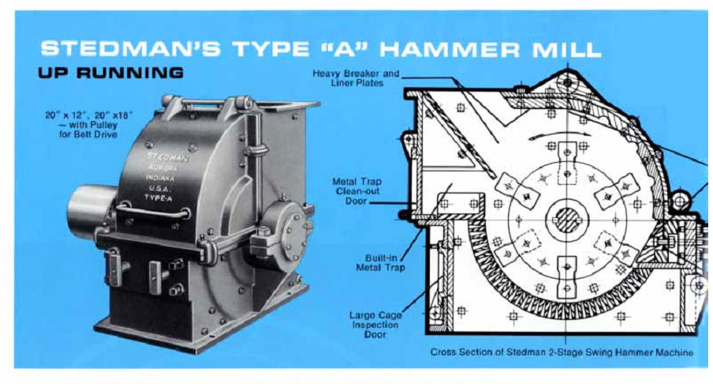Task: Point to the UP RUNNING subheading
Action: click(110, 73)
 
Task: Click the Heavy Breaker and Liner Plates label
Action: click(356, 78)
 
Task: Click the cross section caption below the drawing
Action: click(562, 352)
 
